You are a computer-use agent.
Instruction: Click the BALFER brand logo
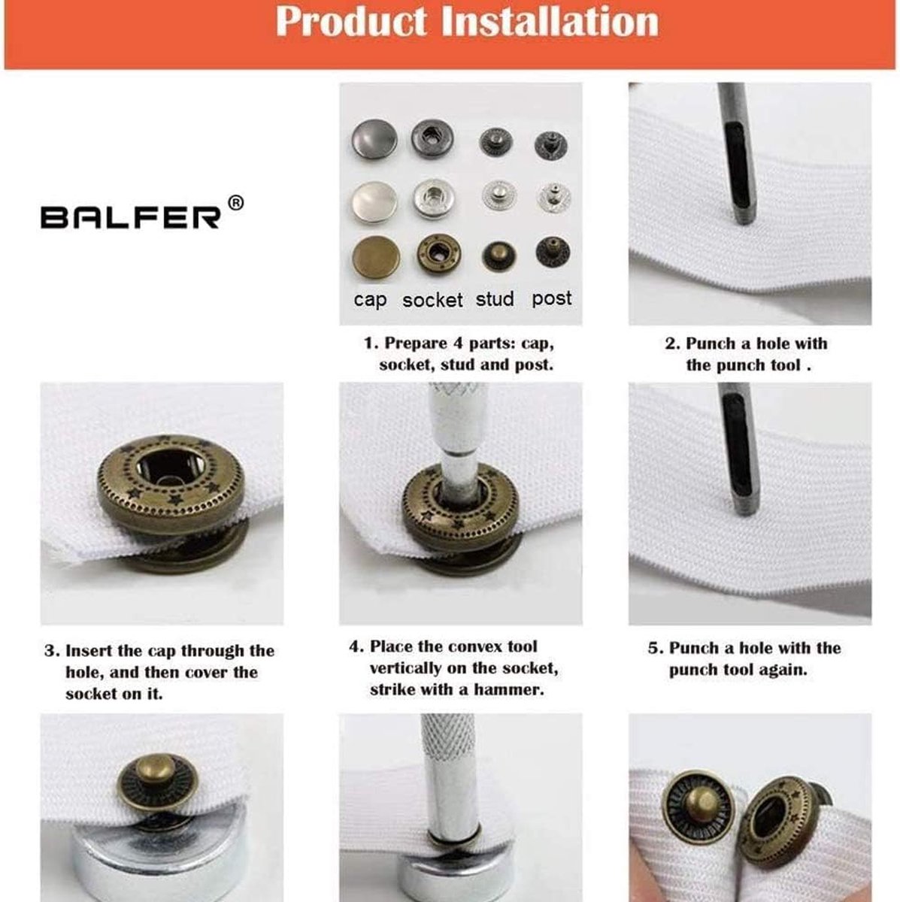(x=131, y=217)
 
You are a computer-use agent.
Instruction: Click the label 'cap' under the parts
(x=370, y=300)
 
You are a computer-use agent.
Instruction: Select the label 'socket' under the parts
(x=432, y=301)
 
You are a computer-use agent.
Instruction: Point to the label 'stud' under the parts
(x=495, y=299)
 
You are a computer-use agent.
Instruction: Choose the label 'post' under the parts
(x=552, y=298)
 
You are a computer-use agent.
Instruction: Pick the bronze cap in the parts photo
(x=375, y=257)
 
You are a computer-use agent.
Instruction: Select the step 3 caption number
(x=50, y=651)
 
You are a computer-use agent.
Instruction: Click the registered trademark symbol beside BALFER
(x=235, y=202)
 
